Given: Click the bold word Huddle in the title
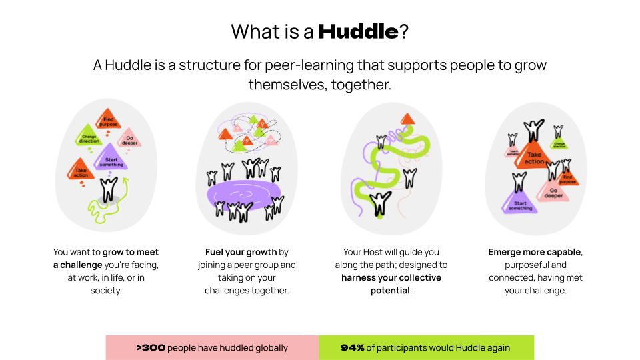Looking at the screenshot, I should point(358,31).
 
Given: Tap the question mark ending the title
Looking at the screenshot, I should point(404,31).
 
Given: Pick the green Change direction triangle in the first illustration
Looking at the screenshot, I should point(89,138).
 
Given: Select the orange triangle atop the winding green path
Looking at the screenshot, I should point(407,119).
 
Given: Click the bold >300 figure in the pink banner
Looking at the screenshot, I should point(151,347).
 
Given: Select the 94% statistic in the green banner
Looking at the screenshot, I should point(353,347).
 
